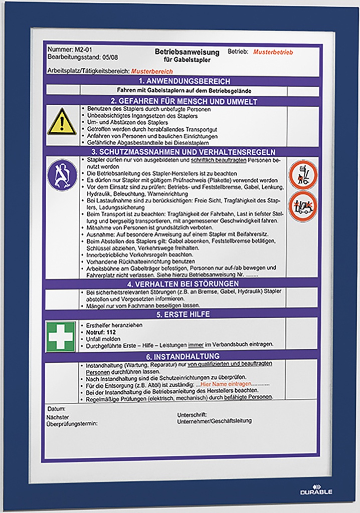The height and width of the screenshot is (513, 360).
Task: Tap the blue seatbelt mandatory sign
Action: (x=62, y=175)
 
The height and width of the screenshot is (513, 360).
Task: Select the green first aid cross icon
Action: (x=61, y=336)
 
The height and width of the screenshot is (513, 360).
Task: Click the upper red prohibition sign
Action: (x=302, y=174)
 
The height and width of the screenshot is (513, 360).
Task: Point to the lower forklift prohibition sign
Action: (x=302, y=205)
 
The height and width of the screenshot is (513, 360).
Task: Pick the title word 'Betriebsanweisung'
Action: (x=187, y=52)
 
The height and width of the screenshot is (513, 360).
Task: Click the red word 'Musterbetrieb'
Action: (x=273, y=52)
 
